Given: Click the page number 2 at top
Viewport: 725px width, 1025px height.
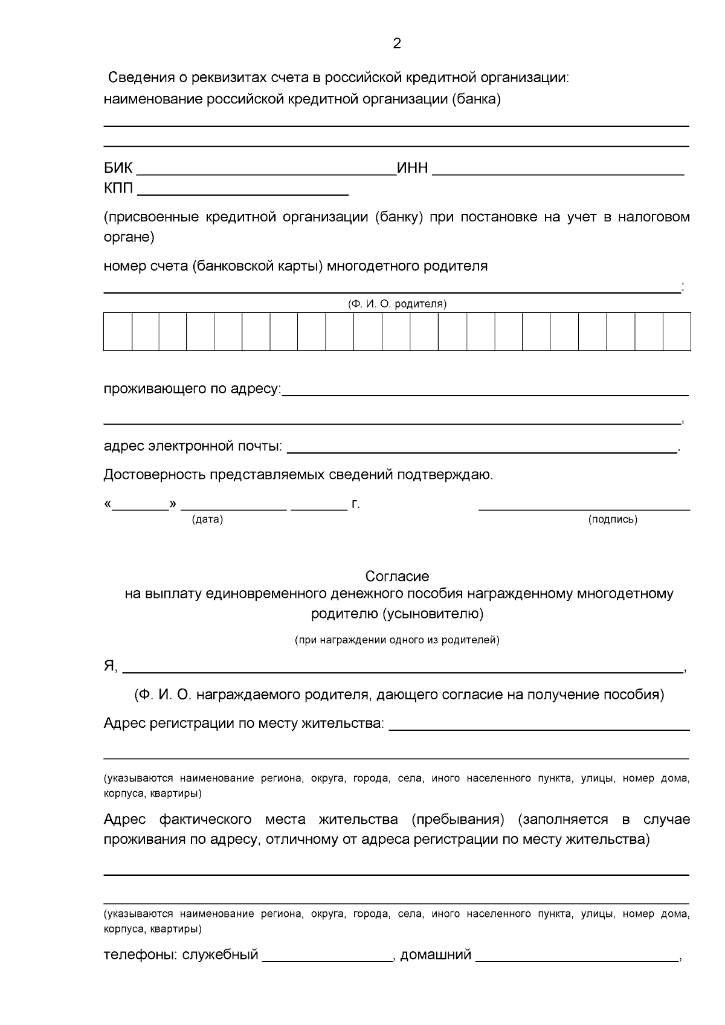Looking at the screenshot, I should [x=396, y=43].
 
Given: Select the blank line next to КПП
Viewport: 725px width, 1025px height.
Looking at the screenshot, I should [x=243, y=193].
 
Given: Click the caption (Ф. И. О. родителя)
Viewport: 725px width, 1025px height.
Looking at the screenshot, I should [x=397, y=304].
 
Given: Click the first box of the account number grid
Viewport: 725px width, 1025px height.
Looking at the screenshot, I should [x=117, y=331].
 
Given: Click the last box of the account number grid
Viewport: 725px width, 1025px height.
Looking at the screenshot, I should [x=677, y=331].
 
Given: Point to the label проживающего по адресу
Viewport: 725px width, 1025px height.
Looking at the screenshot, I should [x=192, y=388].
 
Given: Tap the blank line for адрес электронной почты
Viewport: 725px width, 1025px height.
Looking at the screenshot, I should [x=482, y=450].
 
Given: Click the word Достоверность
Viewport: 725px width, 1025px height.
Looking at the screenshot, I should [x=155, y=475].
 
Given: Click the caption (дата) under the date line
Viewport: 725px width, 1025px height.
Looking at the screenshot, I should [x=207, y=520].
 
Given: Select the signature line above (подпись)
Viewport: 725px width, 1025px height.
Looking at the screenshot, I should [x=584, y=509].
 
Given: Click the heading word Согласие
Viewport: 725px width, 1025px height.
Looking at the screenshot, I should [x=397, y=576].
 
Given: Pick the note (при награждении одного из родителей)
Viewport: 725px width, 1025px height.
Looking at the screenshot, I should [x=397, y=640].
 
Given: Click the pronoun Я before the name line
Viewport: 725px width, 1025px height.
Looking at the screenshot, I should [x=109, y=666].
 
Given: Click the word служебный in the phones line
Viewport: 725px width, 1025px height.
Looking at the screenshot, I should [x=221, y=955].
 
